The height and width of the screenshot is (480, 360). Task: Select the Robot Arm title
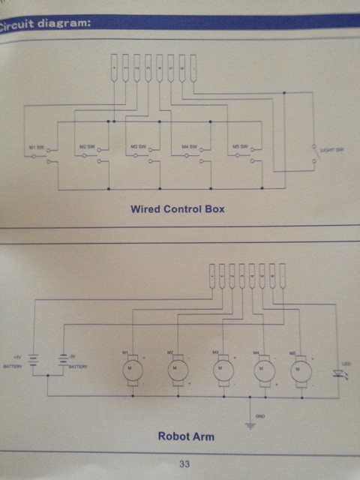point(182,435)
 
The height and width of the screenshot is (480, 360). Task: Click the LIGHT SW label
point(331,151)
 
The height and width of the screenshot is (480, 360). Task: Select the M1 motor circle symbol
point(131,369)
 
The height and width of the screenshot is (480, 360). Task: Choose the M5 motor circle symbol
point(301,369)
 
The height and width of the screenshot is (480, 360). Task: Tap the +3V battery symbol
point(34,364)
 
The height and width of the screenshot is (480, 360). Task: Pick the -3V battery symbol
point(63,364)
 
